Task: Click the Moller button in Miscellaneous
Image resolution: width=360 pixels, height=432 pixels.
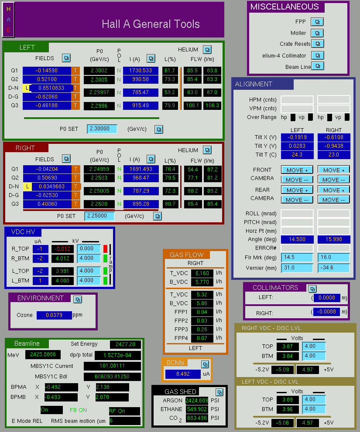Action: (317, 33)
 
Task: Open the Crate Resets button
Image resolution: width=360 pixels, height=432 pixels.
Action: (318, 44)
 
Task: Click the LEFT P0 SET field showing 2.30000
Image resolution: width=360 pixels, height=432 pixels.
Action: (102, 129)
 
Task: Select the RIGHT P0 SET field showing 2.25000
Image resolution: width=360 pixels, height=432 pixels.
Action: (99, 216)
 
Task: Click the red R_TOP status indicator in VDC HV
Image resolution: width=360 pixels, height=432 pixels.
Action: (105, 249)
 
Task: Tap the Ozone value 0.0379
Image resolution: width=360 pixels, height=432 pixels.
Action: (54, 315)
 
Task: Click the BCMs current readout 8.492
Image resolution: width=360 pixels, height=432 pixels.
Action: (183, 374)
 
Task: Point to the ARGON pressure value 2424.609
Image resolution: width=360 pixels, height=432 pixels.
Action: (197, 400)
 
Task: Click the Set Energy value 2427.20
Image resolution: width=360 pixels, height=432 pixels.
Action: (125, 344)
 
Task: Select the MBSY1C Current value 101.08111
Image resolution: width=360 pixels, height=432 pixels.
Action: (112, 366)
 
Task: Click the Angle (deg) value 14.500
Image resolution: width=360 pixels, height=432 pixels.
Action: (297, 239)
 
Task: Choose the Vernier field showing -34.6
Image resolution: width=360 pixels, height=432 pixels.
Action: (333, 268)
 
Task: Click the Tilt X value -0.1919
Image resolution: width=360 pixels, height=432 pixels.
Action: (297, 137)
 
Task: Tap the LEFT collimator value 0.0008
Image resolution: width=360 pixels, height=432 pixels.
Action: (327, 298)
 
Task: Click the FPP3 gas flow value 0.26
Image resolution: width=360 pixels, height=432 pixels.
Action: (202, 329)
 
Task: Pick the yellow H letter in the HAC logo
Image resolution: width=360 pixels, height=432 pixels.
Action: (8, 9)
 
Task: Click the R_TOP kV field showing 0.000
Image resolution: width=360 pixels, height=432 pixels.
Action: (89, 248)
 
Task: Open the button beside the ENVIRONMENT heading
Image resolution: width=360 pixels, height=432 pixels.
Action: (78, 299)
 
